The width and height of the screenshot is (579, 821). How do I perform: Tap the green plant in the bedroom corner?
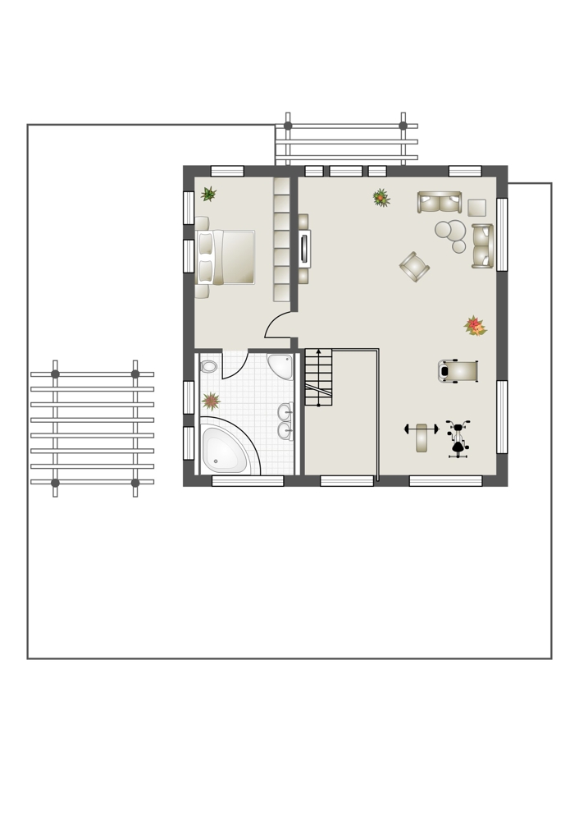(209, 194)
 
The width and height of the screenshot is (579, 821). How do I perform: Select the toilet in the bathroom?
(208, 366)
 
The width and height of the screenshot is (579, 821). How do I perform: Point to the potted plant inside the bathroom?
(212, 401)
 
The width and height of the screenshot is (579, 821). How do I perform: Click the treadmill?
(458, 371)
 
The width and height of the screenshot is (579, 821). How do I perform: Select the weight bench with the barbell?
(422, 438)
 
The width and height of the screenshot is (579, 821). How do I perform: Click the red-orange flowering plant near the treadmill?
(474, 326)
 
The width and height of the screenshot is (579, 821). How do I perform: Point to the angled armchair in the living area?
(415, 266)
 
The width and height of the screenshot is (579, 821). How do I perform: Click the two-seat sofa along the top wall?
(439, 202)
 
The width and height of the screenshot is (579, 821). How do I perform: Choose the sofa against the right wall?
(481, 246)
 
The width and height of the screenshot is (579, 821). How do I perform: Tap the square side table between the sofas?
(476, 208)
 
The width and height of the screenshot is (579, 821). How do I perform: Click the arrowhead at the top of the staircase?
(318, 352)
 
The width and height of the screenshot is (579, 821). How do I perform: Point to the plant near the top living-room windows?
(381, 198)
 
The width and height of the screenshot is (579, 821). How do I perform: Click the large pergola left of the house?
(93, 428)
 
